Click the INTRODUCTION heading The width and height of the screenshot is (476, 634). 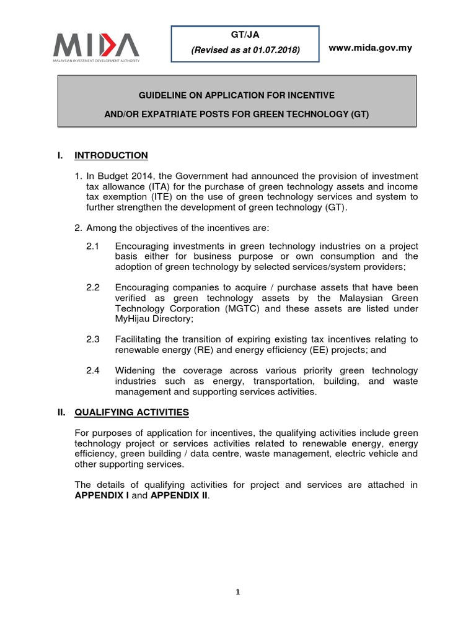(x=119, y=155)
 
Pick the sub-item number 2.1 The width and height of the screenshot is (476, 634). (x=93, y=246)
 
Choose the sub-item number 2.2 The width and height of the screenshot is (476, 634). (x=93, y=287)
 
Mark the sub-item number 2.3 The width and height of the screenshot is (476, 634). (x=93, y=339)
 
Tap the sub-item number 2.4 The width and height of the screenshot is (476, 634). (x=93, y=370)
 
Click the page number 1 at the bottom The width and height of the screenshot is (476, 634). (x=237, y=592)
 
